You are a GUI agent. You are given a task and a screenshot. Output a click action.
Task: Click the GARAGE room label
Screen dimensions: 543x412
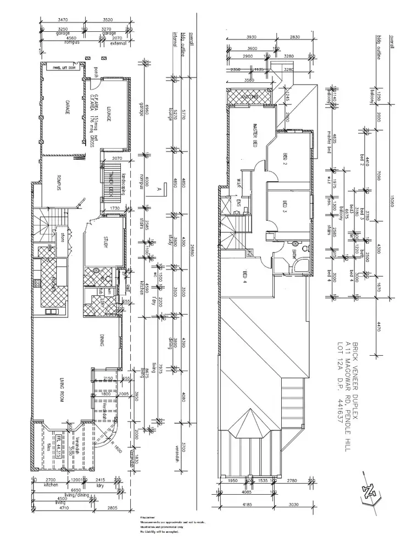(67, 108)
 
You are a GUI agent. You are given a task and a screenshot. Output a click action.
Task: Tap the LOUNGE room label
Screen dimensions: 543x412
(109, 113)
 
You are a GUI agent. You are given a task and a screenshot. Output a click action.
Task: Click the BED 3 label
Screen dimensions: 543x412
(285, 208)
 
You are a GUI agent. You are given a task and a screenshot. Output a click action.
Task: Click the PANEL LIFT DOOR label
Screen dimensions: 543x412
(64, 68)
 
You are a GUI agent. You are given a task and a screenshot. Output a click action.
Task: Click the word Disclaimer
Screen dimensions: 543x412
(147, 517)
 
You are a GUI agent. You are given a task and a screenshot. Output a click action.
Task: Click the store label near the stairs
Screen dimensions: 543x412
(63, 238)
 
